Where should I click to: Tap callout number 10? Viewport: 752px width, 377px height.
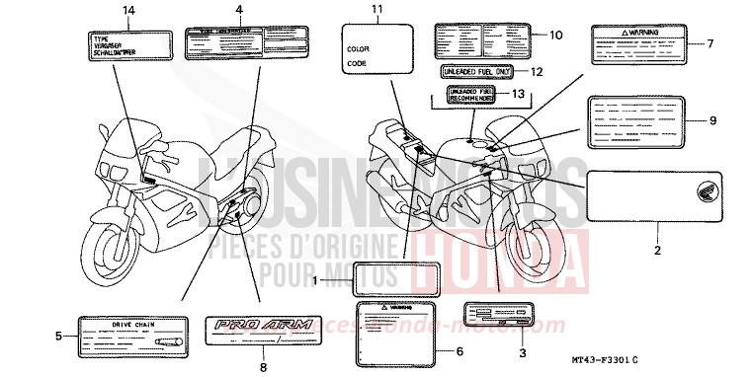556,35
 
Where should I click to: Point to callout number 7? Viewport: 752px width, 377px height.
709,43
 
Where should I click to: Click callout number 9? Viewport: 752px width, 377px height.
710,120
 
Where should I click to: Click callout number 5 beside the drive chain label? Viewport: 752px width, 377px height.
58,336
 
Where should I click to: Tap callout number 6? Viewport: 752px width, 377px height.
459,351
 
